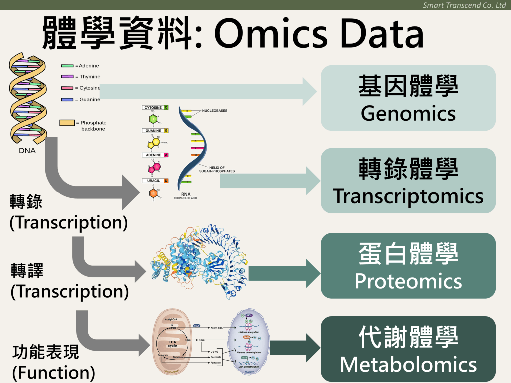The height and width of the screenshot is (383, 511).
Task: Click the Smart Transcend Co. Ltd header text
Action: pos(464,5)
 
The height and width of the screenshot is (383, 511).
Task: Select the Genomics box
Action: pos(408,98)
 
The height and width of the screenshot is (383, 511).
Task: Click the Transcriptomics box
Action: pos(408,181)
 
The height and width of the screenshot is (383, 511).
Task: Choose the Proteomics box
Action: pos(408,266)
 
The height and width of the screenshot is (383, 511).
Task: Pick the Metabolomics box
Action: pos(408,349)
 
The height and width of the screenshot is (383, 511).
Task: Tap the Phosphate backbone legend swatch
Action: pos(67,123)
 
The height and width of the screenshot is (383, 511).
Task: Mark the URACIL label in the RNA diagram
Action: pos(153,181)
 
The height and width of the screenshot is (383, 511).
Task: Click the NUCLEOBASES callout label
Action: pos(215,111)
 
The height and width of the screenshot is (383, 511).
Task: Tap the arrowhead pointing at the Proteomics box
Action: pos(312,273)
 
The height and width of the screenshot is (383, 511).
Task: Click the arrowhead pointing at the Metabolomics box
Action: pos(312,348)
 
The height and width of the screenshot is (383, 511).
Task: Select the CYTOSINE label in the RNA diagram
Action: pos(153,107)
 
